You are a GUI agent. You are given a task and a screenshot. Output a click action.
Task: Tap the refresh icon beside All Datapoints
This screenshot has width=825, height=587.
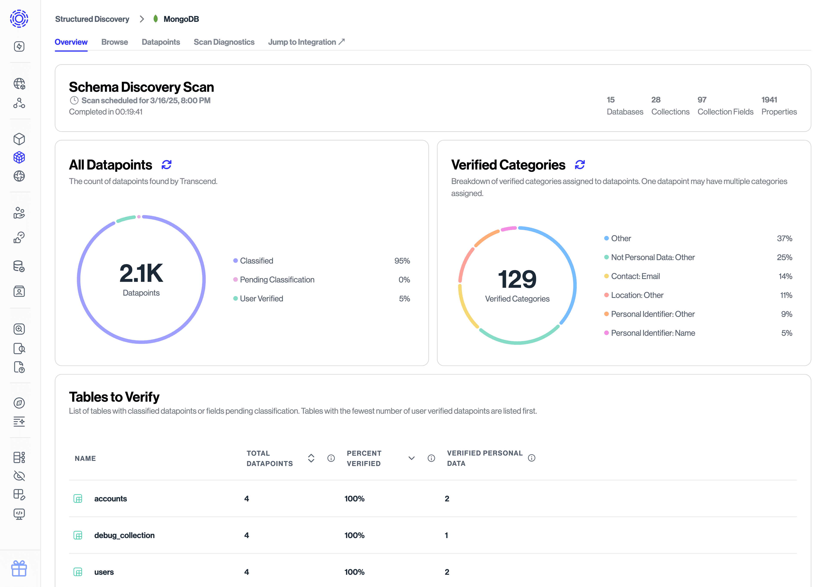(x=167, y=165)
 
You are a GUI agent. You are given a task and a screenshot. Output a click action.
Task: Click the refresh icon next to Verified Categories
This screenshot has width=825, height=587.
(x=580, y=165)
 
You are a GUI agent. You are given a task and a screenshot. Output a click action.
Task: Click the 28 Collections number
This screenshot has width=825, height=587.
(x=655, y=100)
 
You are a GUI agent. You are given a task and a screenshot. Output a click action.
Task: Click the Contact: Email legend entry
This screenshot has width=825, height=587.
(x=635, y=276)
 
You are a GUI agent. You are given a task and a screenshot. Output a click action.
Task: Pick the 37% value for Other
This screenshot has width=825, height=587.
(x=784, y=239)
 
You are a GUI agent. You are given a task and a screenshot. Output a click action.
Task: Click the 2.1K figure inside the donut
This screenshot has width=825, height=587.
(x=141, y=273)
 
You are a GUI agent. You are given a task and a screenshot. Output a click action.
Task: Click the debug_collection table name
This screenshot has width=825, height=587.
(x=124, y=535)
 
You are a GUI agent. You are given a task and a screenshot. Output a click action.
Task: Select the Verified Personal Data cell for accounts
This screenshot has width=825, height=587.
(x=447, y=499)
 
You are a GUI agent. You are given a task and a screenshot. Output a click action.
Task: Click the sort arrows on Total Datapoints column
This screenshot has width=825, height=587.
(x=311, y=458)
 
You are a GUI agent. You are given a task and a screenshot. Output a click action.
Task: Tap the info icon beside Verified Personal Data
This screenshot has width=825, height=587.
(x=531, y=458)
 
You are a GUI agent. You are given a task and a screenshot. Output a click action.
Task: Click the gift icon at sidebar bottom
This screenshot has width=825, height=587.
(x=19, y=569)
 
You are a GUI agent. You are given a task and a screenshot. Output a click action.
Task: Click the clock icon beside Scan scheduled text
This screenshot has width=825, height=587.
(x=74, y=100)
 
